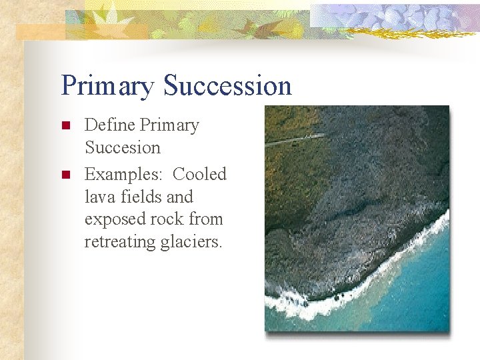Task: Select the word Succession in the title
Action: click(x=227, y=85)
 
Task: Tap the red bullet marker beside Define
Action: click(x=65, y=126)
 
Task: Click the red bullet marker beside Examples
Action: click(x=65, y=175)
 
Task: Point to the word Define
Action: click(x=110, y=125)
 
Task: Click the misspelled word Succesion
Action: click(x=123, y=147)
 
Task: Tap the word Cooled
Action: click(x=199, y=174)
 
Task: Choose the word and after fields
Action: click(x=179, y=197)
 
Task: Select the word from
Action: click(x=207, y=219)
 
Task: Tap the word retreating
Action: click(x=119, y=242)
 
